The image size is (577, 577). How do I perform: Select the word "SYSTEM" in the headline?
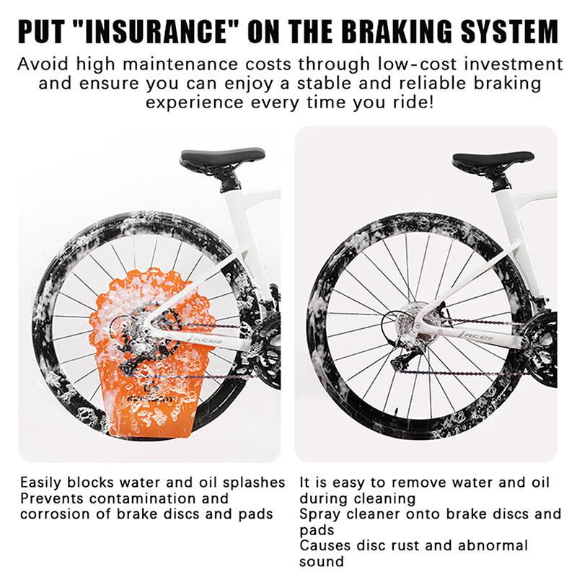pyautogui.click(x=510, y=31)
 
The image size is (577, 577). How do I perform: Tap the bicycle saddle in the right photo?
pyautogui.click(x=493, y=159)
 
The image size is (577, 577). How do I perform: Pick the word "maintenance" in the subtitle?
pyautogui.click(x=181, y=64)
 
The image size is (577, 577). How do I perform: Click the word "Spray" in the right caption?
pyautogui.click(x=320, y=515)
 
